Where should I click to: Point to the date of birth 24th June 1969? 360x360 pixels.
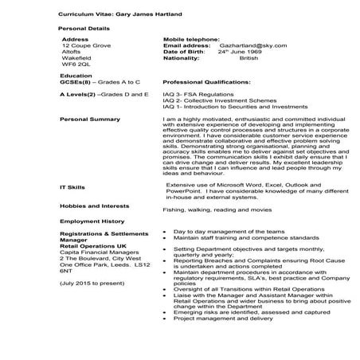coord(243,52)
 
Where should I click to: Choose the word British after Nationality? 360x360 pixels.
coord(248,58)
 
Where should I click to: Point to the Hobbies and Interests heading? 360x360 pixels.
coord(95,204)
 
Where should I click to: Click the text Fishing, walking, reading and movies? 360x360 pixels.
coord(213,210)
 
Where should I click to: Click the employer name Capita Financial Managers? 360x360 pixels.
coord(96,252)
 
